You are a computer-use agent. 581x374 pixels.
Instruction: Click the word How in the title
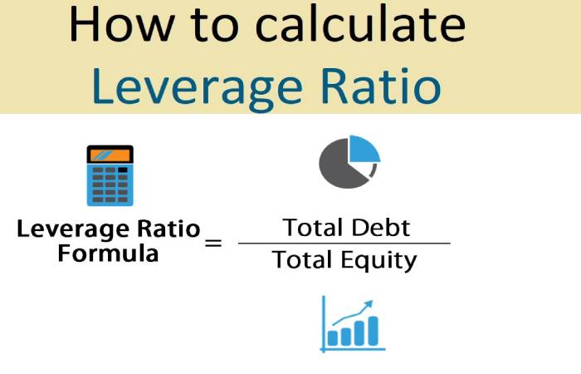point(122,24)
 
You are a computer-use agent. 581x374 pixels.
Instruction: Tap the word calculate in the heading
point(360,23)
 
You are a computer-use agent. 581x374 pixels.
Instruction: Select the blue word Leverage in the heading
point(198,88)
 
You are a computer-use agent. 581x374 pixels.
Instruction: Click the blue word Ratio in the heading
point(381,86)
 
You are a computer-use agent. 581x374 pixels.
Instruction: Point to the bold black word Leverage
point(76,230)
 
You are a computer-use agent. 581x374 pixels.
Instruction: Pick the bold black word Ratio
point(169,229)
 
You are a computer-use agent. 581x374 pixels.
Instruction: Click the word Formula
point(108,253)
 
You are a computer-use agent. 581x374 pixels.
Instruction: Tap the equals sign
point(213,244)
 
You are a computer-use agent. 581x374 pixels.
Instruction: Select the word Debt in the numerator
point(380,228)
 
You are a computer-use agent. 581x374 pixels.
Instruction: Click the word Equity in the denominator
point(378,261)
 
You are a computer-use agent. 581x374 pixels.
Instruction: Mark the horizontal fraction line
point(344,244)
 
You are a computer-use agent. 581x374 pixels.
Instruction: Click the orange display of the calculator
point(110,155)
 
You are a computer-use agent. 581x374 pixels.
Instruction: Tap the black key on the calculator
point(123,170)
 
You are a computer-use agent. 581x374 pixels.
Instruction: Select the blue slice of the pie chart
point(364,149)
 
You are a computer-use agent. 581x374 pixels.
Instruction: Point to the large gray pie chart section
point(339,167)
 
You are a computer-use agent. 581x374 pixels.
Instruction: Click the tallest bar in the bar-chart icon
point(373,331)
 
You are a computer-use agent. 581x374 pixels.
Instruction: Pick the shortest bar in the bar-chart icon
point(332,337)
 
